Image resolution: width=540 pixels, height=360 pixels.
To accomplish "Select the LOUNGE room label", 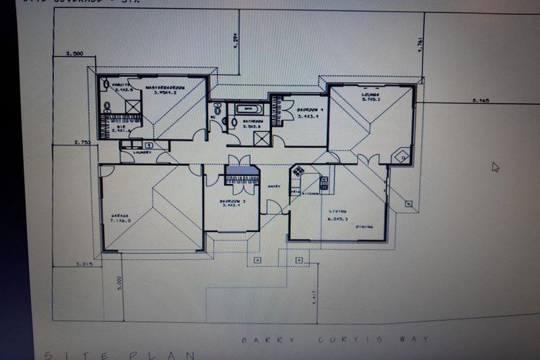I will [x=371, y=94].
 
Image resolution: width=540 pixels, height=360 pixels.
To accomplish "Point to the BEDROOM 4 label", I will [x=309, y=110].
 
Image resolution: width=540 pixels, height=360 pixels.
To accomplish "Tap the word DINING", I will [x=364, y=226].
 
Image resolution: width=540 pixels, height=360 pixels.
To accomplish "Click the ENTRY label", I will [x=274, y=186].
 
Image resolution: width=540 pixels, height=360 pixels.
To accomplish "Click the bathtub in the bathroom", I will [x=248, y=109].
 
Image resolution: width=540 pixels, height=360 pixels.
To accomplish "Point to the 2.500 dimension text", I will [x=75, y=53].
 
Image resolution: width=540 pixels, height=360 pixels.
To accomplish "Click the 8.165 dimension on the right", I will [x=481, y=101].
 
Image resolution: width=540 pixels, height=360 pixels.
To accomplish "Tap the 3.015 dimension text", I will [x=84, y=264].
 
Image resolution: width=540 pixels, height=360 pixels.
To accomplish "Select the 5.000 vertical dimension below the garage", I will [x=120, y=283].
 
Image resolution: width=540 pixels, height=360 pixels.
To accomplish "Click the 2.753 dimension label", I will [x=82, y=142].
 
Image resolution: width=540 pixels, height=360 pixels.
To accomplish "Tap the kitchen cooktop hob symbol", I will [x=298, y=171].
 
